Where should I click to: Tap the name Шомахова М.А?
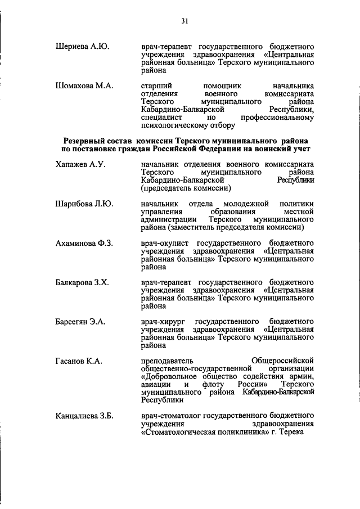pyautogui.click(x=85, y=85)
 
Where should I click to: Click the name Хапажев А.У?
pyautogui.click(x=81, y=164)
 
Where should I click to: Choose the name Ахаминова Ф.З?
pyautogui.click(x=84, y=242)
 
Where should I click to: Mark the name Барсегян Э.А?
pyautogui.click(x=82, y=321)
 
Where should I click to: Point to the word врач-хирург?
pyautogui.click(x=163, y=321)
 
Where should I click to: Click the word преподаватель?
pyautogui.click(x=168, y=360)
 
